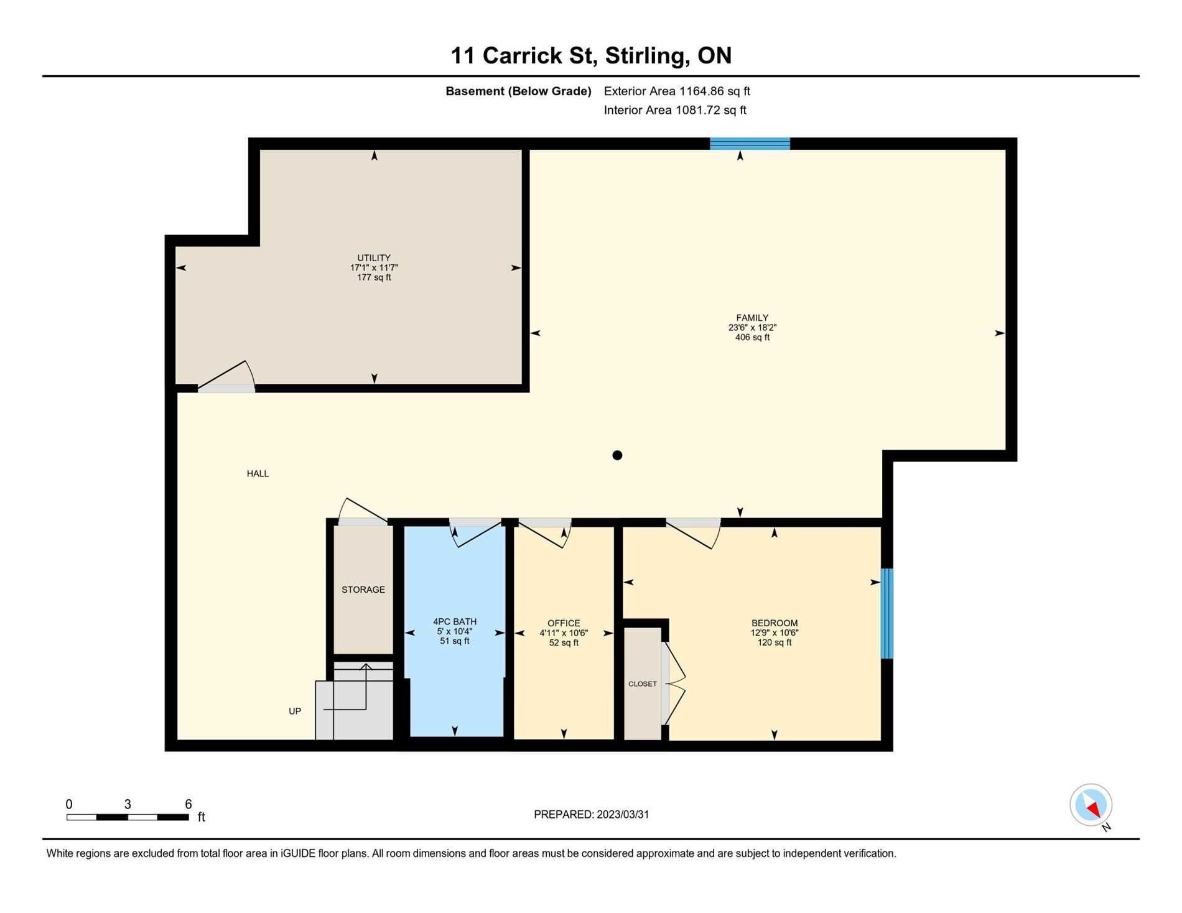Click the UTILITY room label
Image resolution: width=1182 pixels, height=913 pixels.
coord(374,258)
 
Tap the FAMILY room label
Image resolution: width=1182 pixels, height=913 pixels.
coord(752,318)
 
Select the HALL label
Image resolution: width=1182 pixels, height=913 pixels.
coord(258,474)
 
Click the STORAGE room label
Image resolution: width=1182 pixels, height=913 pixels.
coord(363,590)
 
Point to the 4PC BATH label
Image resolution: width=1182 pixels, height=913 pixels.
coord(455,621)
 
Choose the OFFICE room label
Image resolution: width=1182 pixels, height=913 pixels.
coord(564,623)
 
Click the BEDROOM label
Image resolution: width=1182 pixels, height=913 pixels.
coord(775,623)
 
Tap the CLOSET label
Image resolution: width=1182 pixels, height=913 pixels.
coord(643,684)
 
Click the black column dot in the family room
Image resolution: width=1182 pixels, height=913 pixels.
coord(617,455)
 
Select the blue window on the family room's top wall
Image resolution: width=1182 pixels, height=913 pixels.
coord(750,144)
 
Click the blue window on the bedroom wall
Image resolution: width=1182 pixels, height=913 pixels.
coord(887,613)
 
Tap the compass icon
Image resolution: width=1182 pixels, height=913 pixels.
coord(1091,805)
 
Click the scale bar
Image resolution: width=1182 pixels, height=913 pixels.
coord(128,817)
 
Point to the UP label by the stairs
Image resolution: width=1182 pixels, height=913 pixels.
coord(295,711)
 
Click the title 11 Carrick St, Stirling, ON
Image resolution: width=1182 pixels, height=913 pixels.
coord(591,56)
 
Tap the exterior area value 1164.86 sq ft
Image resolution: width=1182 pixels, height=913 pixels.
coord(715,91)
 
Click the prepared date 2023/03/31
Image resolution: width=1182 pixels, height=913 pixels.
coord(623,815)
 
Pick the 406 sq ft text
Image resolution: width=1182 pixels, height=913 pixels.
coord(752,338)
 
